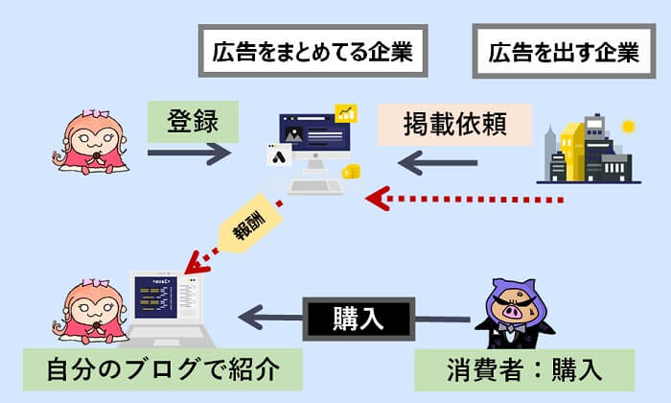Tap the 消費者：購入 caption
click(x=524, y=367)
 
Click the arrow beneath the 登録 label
click(x=190, y=153)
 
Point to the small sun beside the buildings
click(x=629, y=126)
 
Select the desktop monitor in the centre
click(x=311, y=144)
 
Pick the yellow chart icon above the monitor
click(x=346, y=113)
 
